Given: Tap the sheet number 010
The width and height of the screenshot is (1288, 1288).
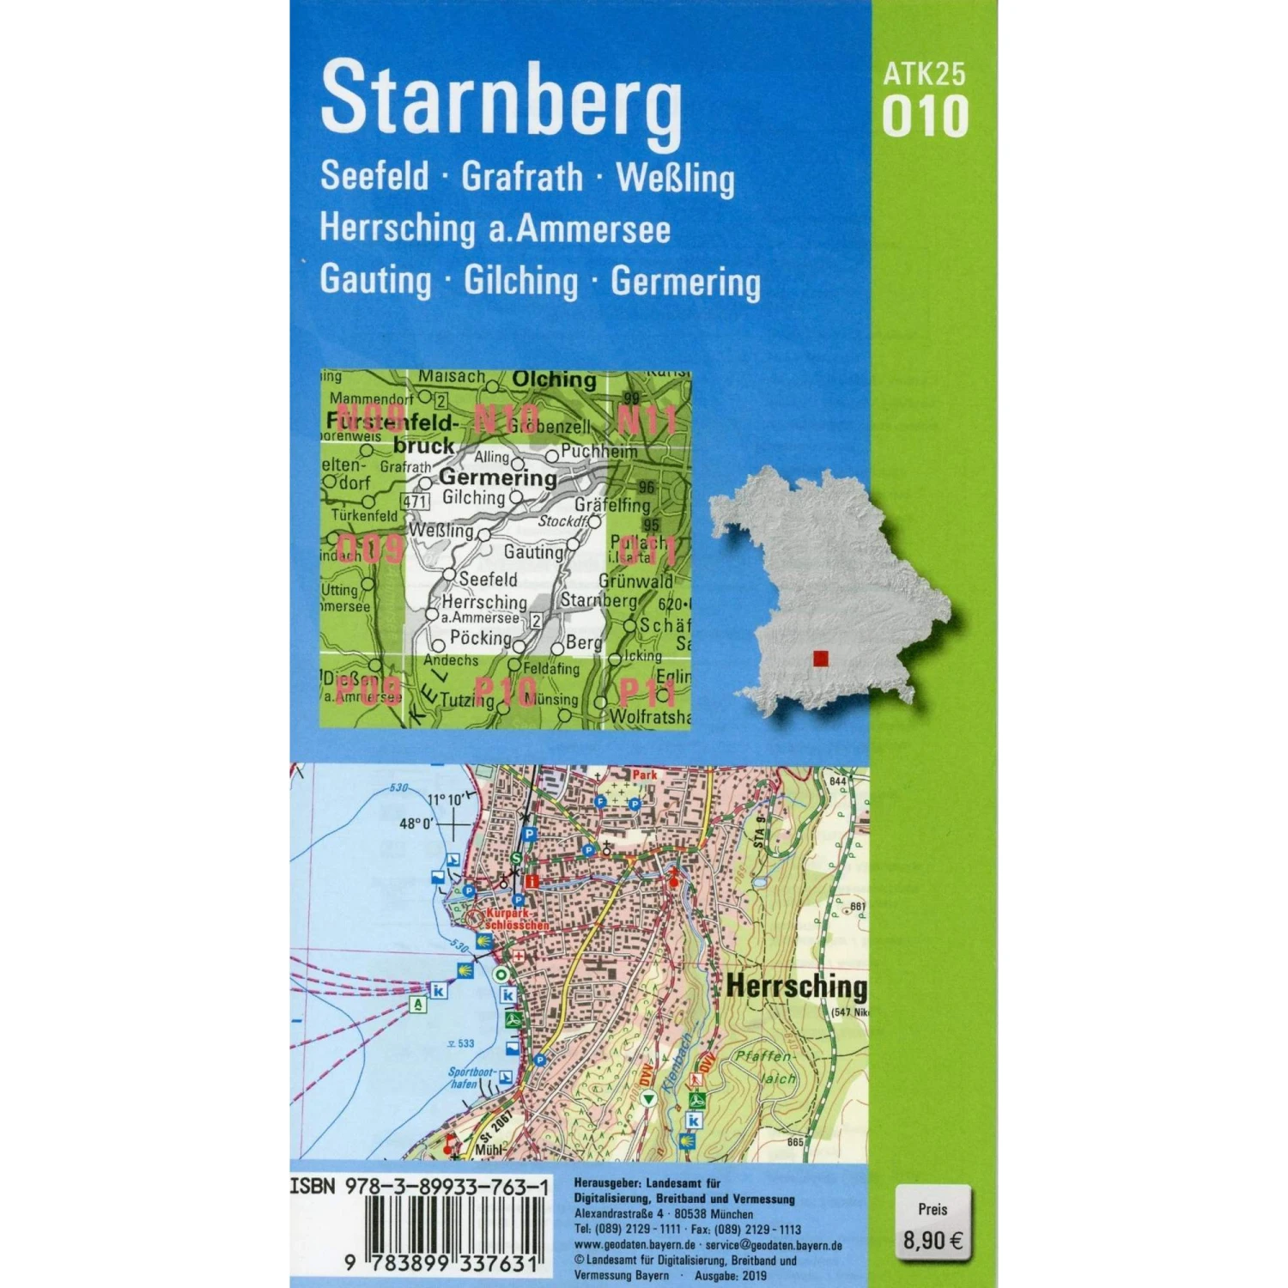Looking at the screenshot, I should [925, 118].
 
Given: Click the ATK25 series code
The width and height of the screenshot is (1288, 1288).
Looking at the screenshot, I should [924, 74].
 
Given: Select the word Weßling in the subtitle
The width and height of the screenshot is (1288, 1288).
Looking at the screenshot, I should [676, 179].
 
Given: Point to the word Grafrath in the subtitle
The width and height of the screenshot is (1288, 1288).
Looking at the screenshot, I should [522, 177].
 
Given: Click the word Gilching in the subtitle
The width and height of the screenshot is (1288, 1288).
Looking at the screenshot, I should [521, 281].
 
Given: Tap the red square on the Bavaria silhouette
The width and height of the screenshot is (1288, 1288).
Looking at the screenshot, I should [821, 659].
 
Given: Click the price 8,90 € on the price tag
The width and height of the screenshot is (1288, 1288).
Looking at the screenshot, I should [933, 1240].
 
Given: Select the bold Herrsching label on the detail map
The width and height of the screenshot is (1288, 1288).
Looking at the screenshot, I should [797, 987].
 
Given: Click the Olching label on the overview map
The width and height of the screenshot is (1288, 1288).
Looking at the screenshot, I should [554, 380].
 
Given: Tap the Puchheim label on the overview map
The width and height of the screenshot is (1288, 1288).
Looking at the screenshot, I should [599, 451].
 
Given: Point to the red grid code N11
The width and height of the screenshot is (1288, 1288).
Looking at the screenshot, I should [647, 421].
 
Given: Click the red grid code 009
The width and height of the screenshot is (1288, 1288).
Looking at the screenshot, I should [370, 548].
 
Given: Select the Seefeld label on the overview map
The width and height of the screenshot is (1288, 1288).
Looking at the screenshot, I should [488, 579].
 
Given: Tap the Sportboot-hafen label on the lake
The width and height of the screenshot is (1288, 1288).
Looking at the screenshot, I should [471, 1078].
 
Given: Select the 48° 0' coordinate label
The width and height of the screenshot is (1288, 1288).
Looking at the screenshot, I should [416, 823].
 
